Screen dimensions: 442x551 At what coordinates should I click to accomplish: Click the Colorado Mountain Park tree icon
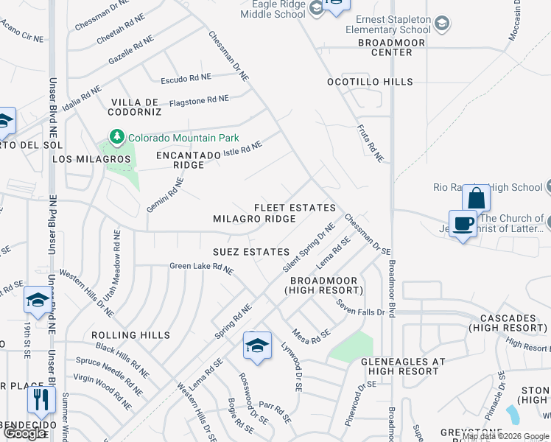[x=116, y=137]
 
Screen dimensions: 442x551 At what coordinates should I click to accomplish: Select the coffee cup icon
[x=463, y=224]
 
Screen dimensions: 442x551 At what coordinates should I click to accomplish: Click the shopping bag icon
[x=476, y=198]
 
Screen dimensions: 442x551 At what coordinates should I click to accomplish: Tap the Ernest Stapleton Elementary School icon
[x=442, y=24]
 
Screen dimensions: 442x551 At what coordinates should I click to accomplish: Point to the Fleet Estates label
[x=295, y=208]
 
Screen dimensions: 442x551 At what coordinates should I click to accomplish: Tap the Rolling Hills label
[x=131, y=335]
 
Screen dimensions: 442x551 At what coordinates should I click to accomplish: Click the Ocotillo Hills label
[x=370, y=82]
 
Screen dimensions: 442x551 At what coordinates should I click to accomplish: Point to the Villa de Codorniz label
[x=136, y=107]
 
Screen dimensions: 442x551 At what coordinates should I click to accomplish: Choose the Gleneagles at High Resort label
[x=403, y=367]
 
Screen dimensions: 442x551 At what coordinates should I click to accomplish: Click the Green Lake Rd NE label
[x=201, y=268]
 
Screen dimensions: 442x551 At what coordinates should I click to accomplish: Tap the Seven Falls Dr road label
[x=361, y=308]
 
